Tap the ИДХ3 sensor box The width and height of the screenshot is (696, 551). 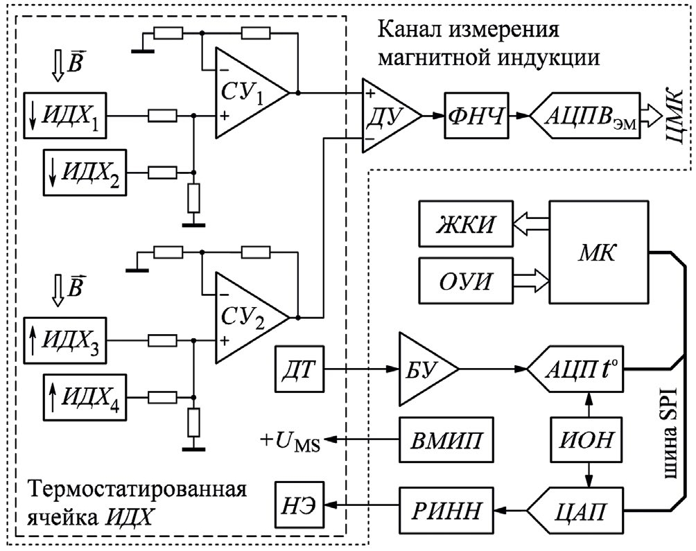tap(64, 340)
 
